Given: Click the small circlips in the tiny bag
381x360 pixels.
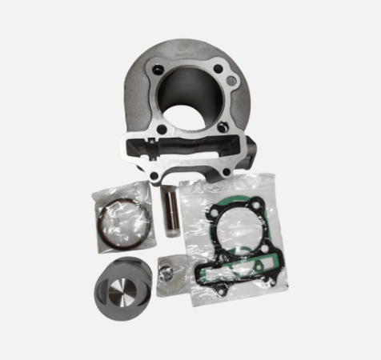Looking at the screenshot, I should pyautogui.click(x=167, y=273).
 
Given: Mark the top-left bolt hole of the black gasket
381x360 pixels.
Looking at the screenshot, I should pyautogui.click(x=210, y=215).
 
